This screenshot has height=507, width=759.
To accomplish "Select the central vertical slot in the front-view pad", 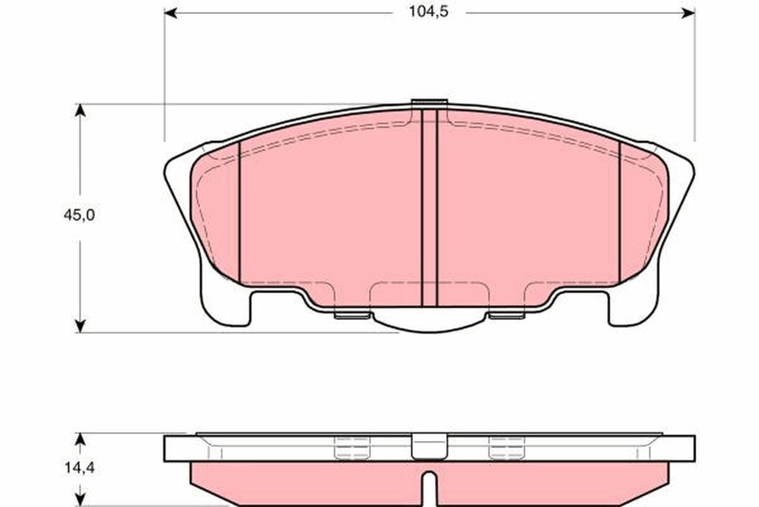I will click(429, 208).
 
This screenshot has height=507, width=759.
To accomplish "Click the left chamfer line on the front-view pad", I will click(240, 212).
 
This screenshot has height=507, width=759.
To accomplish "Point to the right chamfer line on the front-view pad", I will click(620, 212).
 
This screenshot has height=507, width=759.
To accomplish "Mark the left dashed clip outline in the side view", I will click(352, 448).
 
